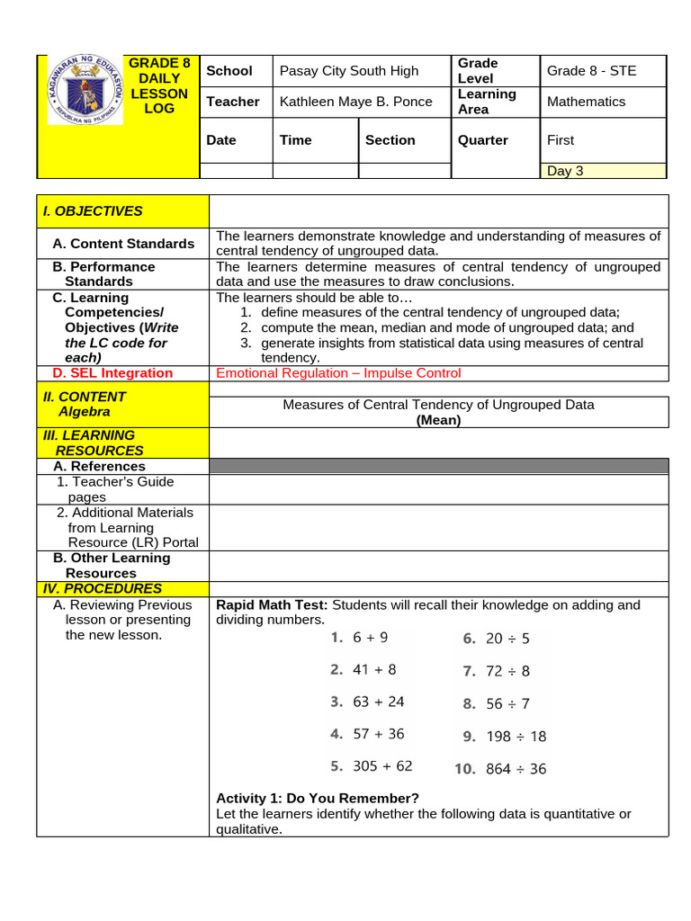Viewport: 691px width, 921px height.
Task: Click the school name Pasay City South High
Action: point(349,71)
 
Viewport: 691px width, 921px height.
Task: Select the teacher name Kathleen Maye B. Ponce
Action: point(355,102)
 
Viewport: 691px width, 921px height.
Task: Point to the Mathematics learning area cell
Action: point(586,102)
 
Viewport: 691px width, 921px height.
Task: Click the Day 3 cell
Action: point(565,171)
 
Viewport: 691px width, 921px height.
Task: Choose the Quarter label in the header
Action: point(483,140)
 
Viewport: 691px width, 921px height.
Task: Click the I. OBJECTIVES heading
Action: point(93,211)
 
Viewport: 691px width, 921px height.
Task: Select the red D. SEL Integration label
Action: point(112,373)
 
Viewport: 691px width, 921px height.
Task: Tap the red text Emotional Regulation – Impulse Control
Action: point(338,373)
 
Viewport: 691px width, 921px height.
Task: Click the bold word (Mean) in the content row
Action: point(438,420)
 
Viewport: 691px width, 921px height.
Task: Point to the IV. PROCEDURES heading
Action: point(103,589)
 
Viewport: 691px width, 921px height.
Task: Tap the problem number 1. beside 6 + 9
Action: point(337,638)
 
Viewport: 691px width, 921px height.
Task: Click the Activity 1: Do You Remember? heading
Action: point(318,799)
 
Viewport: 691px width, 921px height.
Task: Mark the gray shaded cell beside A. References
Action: point(438,466)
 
